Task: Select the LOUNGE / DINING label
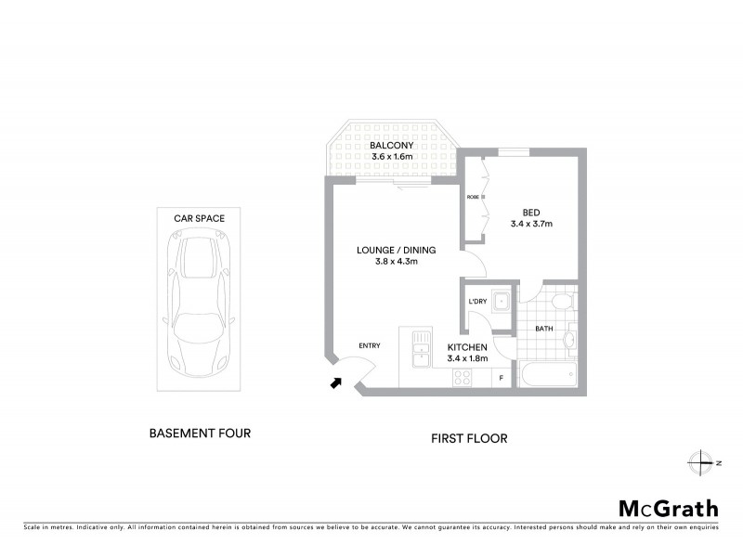coord(396,250)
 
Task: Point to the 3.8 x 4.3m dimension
coord(396,262)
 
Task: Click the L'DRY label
coord(477,300)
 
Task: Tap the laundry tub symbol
coord(501,300)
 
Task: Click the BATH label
coord(544,328)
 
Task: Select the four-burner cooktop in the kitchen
coord(460,377)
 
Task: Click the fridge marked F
coord(502,377)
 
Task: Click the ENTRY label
coord(369,346)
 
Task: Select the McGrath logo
coord(668,508)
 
